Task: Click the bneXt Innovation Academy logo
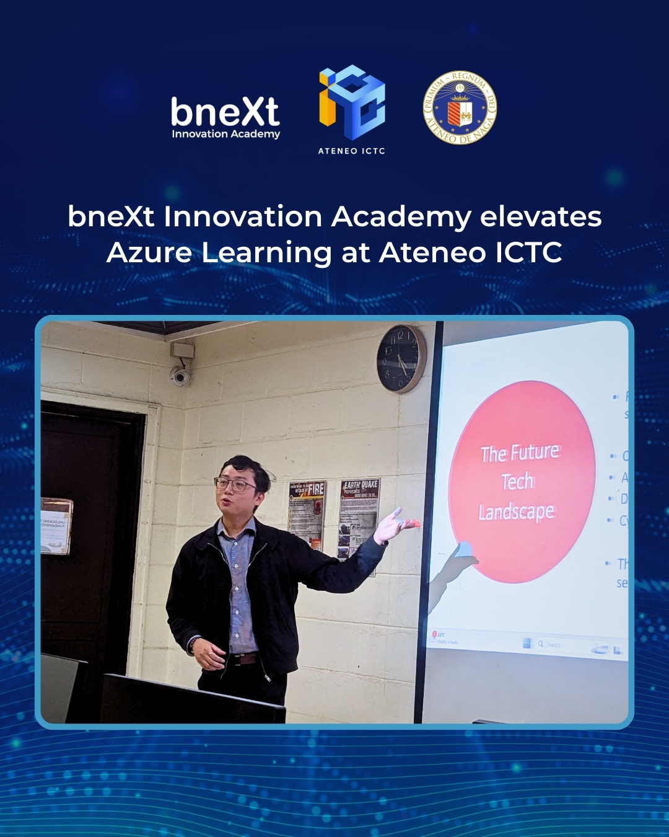(225, 118)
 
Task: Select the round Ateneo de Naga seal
(460, 107)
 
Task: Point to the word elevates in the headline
(541, 217)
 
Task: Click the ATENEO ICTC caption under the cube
(351, 151)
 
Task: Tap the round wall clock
(401, 358)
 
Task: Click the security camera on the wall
(180, 375)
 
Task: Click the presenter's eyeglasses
(235, 484)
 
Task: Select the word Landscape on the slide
(517, 512)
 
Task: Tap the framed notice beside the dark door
(56, 526)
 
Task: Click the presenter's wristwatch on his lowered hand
(195, 642)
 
